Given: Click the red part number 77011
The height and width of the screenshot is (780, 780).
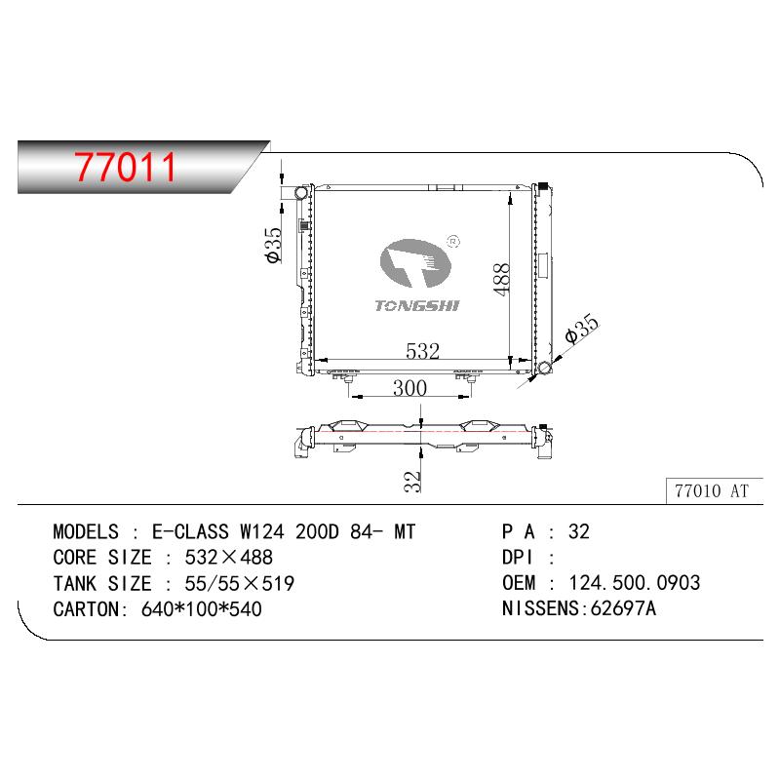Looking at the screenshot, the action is pos(126,167).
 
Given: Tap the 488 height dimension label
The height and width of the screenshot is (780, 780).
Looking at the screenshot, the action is pos(502,279).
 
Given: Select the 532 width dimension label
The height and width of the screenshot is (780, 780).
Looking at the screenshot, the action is pos(422,351).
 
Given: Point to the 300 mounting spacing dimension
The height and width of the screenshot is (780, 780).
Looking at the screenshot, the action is pos(409,388).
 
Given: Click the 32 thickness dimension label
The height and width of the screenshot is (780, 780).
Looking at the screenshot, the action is pos(412,482).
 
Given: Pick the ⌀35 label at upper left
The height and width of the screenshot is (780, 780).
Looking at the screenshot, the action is pos(273,246).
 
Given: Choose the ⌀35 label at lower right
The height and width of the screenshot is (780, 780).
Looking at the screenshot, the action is pos(582,329).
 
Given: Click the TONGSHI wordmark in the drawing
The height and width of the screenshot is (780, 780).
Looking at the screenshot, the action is pos(417,305).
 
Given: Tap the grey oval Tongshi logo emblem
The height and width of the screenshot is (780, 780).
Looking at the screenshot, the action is pos(415,263).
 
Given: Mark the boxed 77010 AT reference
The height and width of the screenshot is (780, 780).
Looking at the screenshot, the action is pos(712,491).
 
